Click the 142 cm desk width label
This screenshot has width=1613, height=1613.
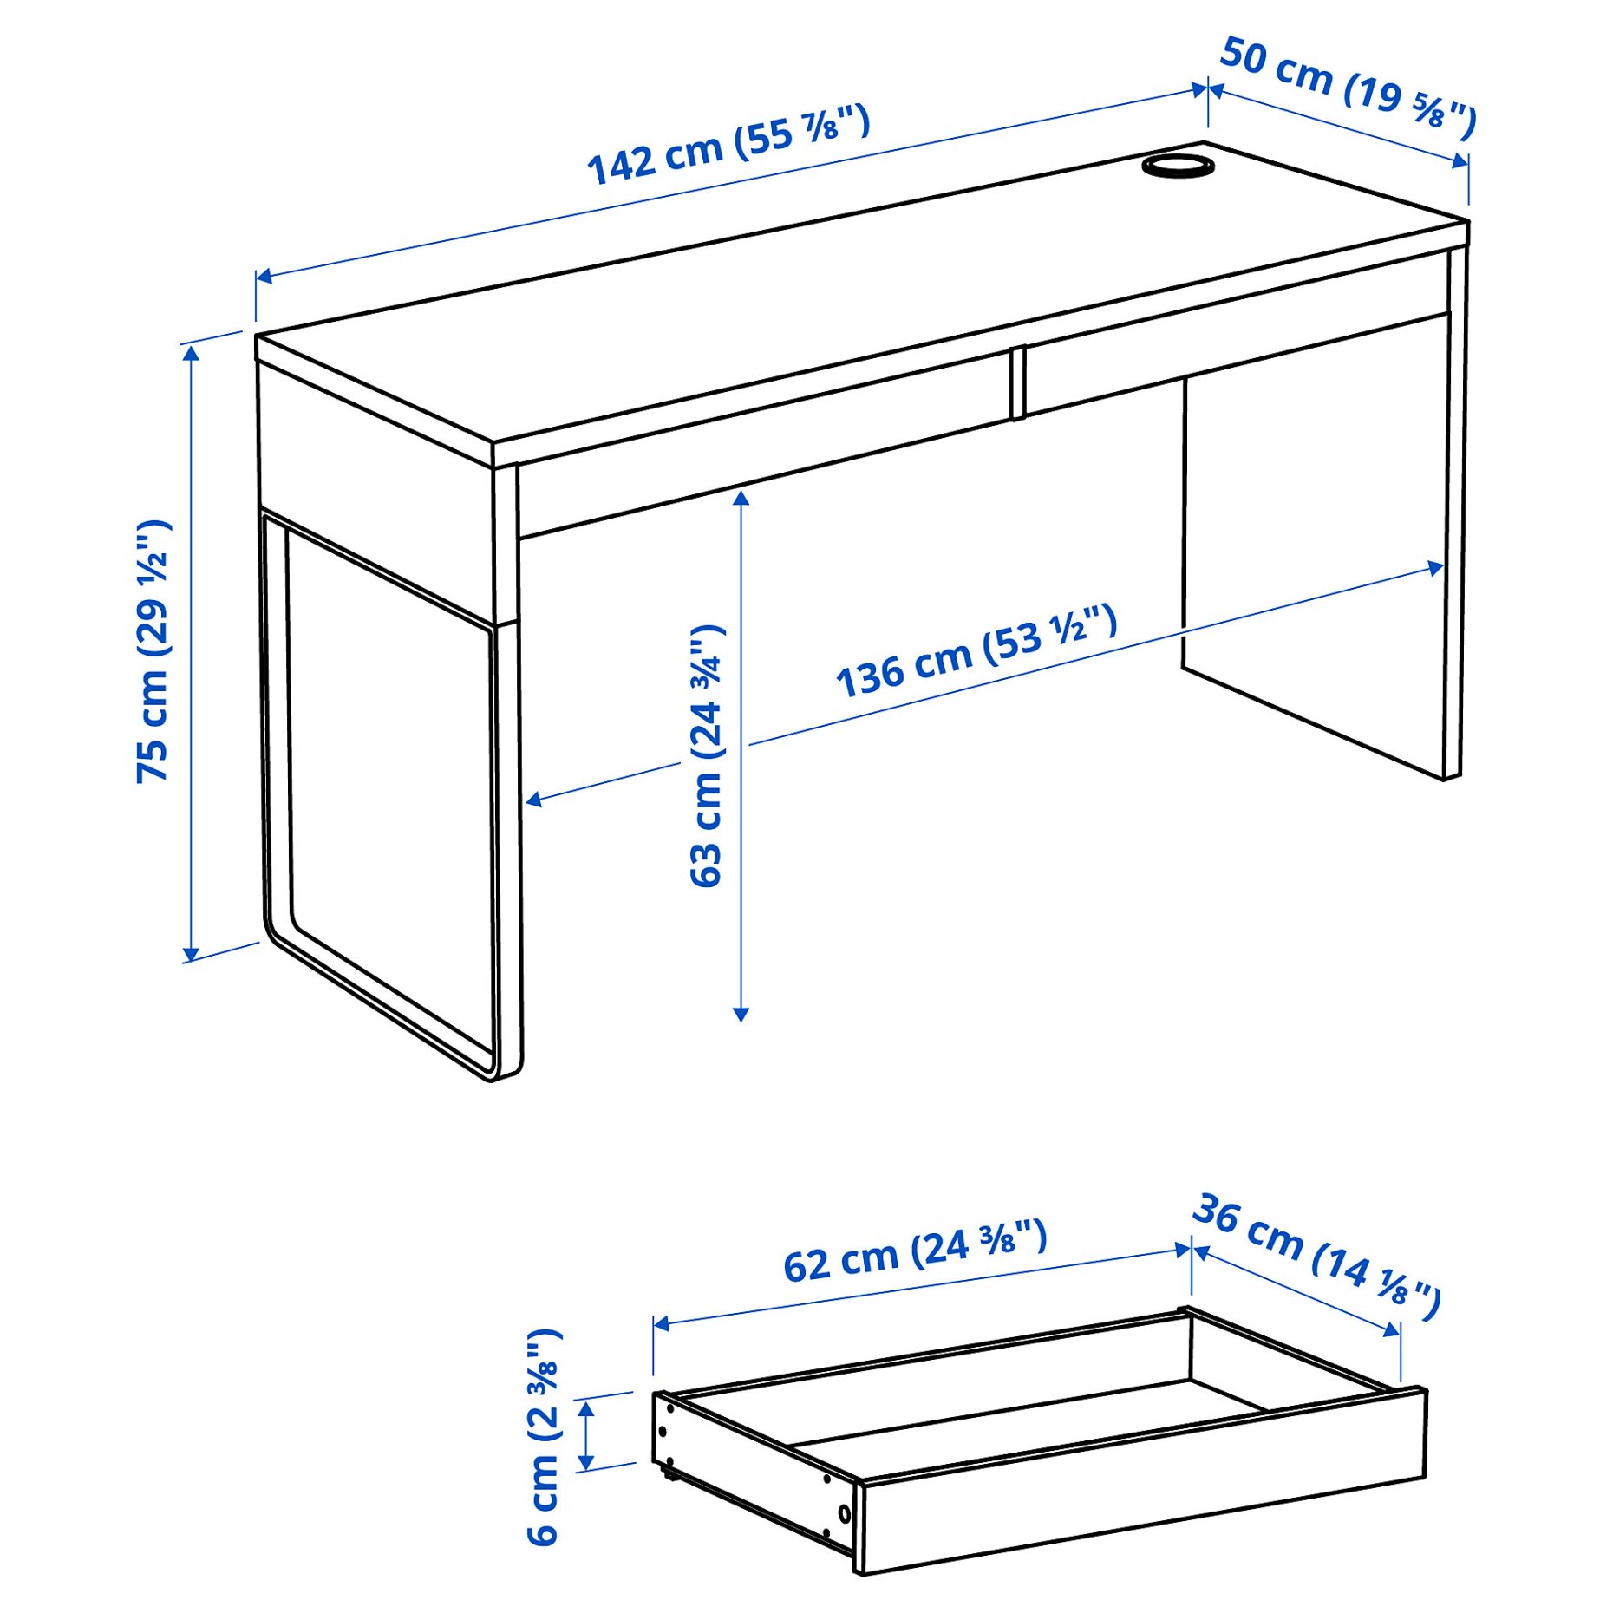click(728, 145)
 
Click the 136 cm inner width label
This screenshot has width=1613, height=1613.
click(976, 651)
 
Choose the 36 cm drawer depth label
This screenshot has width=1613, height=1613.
click(1316, 1256)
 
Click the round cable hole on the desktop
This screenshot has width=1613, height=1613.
click(1177, 166)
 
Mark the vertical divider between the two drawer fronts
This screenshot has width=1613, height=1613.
click(1017, 382)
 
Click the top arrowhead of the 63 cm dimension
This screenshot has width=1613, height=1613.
click(741, 497)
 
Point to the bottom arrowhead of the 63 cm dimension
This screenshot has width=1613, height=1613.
click(741, 1014)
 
